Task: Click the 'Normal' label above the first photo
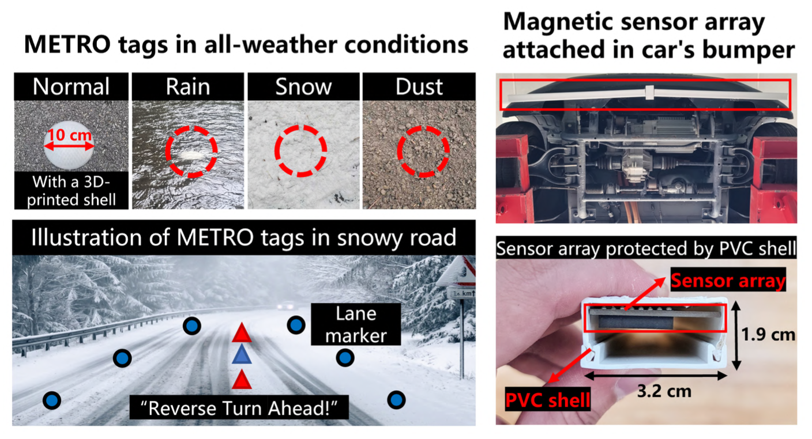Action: pos(71,86)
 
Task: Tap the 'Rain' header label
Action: pos(188,87)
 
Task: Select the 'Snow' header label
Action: pos(303,87)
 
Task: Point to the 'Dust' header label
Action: pos(419,87)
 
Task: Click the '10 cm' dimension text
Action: pos(69,135)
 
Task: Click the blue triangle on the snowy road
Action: pos(242,354)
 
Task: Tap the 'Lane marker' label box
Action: pos(356,324)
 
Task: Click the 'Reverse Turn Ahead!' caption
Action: pos(239,408)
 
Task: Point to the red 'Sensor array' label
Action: pos(728,280)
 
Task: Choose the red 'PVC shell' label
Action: pos(548,399)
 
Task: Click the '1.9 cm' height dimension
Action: pos(768,334)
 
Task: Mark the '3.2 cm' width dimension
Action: pos(664,391)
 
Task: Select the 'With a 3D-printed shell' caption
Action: pos(72,191)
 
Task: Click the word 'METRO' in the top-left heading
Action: pos(67,44)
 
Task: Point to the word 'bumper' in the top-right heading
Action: pos(749,50)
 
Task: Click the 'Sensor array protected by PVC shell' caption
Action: pos(646,248)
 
